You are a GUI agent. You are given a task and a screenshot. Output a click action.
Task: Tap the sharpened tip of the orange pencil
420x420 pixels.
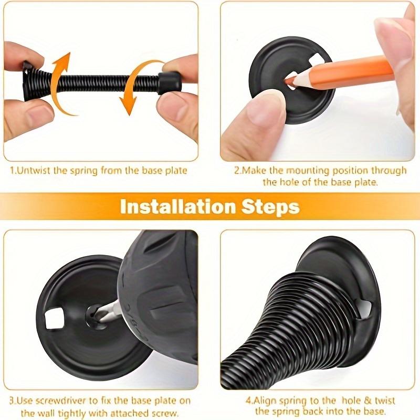pos(289,81)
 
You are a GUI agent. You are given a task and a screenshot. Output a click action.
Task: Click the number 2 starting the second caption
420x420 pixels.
pos(236,170)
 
